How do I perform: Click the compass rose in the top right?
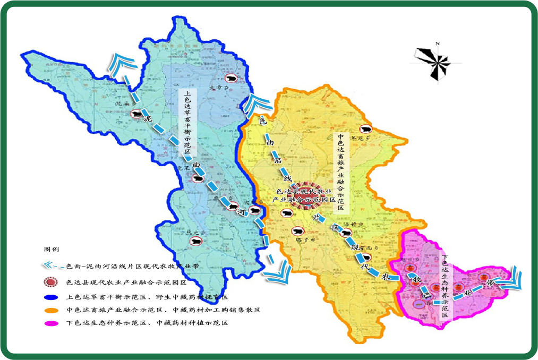click(x=434, y=62)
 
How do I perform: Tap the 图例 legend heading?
click(x=52, y=248)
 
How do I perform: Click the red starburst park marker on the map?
click(x=301, y=196)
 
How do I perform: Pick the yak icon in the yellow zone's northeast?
click(x=365, y=128)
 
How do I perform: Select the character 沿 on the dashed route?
click(x=276, y=160)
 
